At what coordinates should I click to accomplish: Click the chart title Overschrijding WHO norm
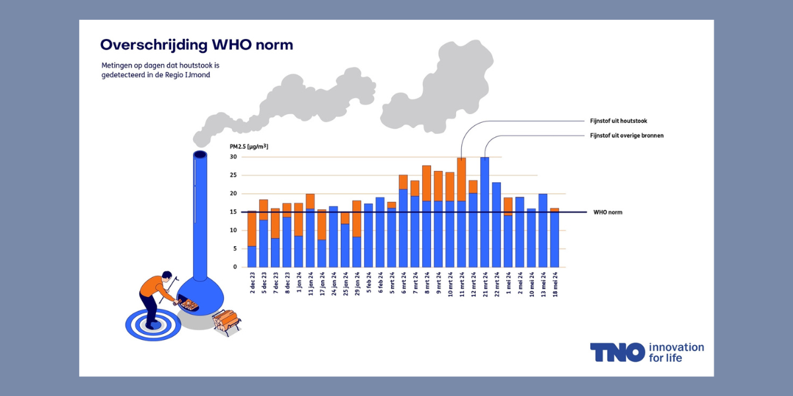point(196,45)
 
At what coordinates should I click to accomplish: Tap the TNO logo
point(617,352)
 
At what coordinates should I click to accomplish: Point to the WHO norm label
point(607,213)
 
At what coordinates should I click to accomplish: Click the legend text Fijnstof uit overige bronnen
point(626,135)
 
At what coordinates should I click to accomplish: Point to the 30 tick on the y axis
point(233,157)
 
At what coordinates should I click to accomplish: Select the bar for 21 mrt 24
point(485,212)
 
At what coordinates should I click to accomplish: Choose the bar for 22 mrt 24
point(496,224)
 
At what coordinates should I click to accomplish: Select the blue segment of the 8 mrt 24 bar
point(427,234)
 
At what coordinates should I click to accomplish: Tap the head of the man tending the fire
point(166,277)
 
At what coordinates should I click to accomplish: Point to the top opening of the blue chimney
point(200,155)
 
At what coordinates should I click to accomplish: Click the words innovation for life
point(676,352)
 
